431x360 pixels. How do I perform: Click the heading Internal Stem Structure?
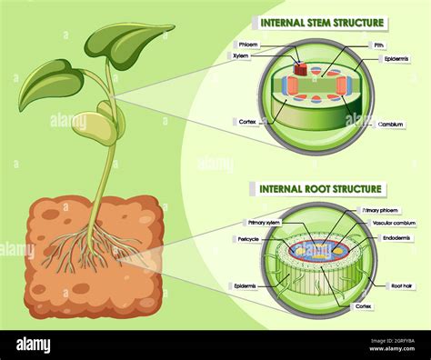[323, 22]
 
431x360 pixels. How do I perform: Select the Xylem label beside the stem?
[242, 55]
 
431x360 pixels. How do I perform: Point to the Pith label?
[378, 44]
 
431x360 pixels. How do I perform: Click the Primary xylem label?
[264, 222]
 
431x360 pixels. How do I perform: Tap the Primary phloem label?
[382, 210]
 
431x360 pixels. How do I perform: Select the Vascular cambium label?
[392, 223]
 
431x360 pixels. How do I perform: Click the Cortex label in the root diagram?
[364, 307]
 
